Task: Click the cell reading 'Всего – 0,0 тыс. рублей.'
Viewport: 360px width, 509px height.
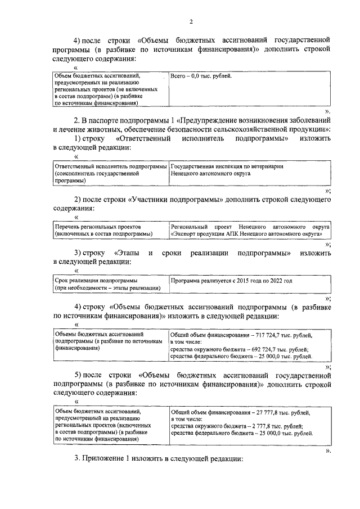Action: tap(201, 75)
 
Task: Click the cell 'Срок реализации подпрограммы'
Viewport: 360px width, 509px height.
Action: tap(89, 280)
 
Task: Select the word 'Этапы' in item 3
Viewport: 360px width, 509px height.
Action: tap(127, 254)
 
